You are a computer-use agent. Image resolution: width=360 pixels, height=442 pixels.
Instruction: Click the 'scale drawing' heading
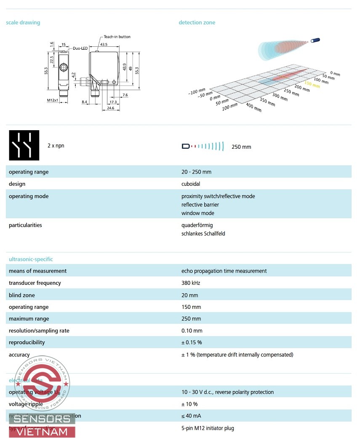[23, 22]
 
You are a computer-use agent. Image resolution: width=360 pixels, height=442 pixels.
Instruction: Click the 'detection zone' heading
[197, 22]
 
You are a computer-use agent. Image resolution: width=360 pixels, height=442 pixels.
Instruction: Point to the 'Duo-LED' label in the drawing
[80, 48]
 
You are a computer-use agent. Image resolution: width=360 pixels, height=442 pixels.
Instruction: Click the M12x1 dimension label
[53, 101]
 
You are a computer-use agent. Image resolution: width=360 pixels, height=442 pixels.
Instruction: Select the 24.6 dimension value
[110, 108]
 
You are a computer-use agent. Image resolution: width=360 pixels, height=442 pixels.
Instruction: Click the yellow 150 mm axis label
[312, 83]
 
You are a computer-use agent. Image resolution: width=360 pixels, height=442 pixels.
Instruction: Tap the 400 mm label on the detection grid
[253, 107]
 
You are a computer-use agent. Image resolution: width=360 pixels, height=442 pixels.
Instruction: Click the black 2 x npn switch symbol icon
[24, 145]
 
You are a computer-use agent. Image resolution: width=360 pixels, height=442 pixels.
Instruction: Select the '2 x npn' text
[56, 146]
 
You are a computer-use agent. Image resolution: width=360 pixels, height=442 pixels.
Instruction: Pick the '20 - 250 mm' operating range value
[196, 172]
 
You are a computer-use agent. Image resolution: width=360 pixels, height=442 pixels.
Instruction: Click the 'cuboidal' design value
[191, 184]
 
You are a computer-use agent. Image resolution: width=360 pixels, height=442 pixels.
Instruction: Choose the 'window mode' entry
[197, 213]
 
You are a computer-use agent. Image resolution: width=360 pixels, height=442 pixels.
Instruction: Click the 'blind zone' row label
[22, 295]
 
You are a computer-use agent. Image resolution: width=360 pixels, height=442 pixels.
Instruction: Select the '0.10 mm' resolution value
[192, 331]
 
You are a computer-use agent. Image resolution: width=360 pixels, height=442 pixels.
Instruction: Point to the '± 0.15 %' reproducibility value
[192, 343]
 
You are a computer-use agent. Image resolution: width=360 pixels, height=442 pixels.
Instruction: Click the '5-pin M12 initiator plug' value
[208, 428]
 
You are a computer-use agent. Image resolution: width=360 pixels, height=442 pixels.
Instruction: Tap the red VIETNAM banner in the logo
[41, 432]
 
